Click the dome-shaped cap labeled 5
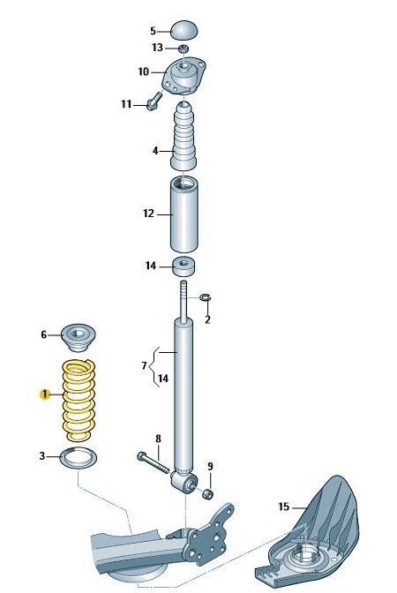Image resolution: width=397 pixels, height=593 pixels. pyautogui.click(x=184, y=30)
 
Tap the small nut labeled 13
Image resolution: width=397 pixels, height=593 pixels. pyautogui.click(x=184, y=49)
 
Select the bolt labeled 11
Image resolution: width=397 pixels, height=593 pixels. pyautogui.click(x=154, y=101)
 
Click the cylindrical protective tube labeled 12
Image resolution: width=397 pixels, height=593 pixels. pyautogui.click(x=184, y=214)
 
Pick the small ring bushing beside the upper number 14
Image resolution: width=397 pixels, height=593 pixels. pyautogui.click(x=184, y=266)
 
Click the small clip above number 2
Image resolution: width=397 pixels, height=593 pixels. pyautogui.click(x=206, y=297)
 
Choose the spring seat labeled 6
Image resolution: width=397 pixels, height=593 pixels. pyautogui.click(x=79, y=337)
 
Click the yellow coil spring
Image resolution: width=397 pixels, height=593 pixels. pyautogui.click(x=79, y=400)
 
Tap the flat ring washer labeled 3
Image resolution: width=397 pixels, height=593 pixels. pyautogui.click(x=79, y=458)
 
